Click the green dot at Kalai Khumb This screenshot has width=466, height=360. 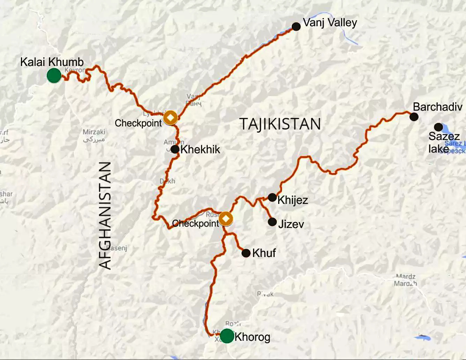coord(54,75)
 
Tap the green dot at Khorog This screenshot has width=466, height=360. coord(227,336)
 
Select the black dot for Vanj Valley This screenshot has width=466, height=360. coord(296,27)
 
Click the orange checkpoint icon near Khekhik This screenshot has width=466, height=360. coord(170,117)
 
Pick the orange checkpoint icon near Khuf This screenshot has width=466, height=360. coord(226,219)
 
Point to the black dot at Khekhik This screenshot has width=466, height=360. coord(175,149)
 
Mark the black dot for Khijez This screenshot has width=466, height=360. coord(272,197)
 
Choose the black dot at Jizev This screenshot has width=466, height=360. coord(272,222)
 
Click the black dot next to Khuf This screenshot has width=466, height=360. coord(246,253)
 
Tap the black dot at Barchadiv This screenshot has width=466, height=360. coord(414,117)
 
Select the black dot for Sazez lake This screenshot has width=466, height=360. coord(438,127)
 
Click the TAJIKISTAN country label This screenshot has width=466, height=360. coord(280,124)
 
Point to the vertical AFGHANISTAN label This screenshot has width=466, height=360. coord(105,215)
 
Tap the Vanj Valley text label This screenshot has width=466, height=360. coord(330,23)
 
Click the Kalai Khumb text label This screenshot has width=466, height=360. coord(52,62)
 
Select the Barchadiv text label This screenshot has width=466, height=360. coord(437,107)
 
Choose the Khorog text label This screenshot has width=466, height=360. coord(252,337)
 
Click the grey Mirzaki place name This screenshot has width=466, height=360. coord(94,132)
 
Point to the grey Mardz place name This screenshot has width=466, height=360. coord(405,277)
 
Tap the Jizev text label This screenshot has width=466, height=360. coord(291,224)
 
